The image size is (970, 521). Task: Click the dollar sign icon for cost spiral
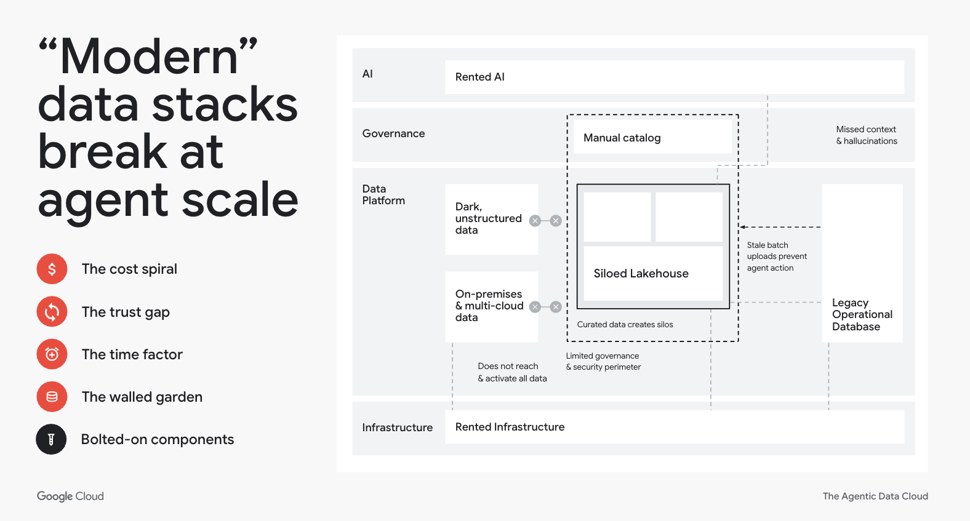coord(52,269)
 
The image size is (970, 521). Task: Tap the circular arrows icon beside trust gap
coord(52,312)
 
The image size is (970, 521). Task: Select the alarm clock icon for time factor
coord(52,354)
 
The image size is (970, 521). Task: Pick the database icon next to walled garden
coord(52,397)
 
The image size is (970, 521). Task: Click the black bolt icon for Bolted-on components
coord(51,439)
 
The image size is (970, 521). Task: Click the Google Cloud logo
coord(70,496)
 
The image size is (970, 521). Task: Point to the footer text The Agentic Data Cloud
coord(875,496)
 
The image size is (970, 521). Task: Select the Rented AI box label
coord(480,77)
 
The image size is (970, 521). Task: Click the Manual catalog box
coord(622,138)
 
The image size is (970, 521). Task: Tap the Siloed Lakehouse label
coord(641,274)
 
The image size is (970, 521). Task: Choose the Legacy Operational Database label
coord(862,314)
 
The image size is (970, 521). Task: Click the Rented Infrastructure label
coord(510,427)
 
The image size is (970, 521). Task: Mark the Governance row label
coord(393,133)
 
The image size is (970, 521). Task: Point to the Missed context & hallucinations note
coord(866,135)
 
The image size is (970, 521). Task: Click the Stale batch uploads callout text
coord(776,257)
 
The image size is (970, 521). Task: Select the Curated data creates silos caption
coord(625,325)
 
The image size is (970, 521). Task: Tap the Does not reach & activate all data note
coord(512,372)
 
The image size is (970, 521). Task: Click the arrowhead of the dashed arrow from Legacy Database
coord(743,227)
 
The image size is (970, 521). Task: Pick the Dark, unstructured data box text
coord(488,218)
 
